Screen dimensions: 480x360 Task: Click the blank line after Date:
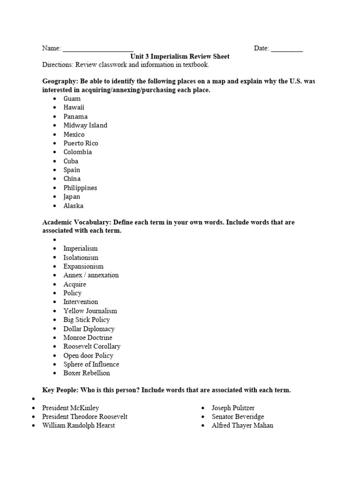coord(286,49)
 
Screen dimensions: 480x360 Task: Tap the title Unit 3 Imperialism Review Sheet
coord(180,57)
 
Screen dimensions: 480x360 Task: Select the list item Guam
coord(72,98)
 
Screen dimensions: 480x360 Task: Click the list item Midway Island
coord(85,125)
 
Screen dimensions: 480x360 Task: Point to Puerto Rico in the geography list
coord(81,143)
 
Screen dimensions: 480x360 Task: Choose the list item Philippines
coord(81,187)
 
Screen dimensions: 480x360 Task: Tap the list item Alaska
coord(74,205)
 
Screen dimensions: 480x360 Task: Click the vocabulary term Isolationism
coord(81,257)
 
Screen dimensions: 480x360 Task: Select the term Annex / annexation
coord(91,275)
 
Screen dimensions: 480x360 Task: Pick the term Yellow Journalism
coord(90,311)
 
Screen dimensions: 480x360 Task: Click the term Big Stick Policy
coord(87,320)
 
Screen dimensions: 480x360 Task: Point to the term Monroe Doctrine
coord(88,337)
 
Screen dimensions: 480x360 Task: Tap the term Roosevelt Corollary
coord(92,346)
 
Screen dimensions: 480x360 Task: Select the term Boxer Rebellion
coord(87,373)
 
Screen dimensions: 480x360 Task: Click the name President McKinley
coord(71,408)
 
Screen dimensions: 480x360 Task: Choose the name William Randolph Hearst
coord(78,426)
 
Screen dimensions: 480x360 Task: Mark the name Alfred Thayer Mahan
coord(242,426)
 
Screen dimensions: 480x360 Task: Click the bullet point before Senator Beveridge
coord(203,417)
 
